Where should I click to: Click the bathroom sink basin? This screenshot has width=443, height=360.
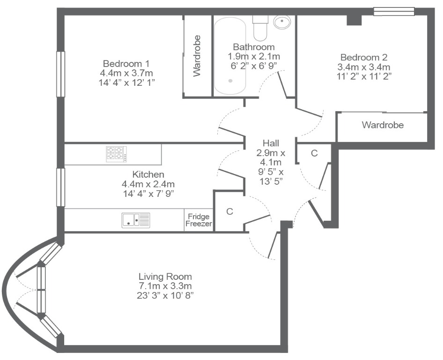click(282, 22)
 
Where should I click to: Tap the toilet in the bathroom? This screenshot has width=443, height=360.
click(260, 28)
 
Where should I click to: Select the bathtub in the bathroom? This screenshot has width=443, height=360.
click(230, 56)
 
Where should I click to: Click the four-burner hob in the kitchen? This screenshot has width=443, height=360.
click(117, 154)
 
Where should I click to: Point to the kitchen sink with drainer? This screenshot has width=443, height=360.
click(136, 220)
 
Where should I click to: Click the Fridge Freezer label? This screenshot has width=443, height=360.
click(199, 220)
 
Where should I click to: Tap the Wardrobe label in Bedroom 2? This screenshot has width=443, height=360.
click(383, 125)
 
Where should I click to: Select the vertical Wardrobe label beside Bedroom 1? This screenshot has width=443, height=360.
click(197, 56)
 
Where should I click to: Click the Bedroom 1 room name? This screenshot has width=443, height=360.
click(126, 63)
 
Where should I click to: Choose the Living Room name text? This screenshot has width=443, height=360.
click(165, 276)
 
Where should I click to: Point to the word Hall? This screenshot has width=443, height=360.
click(271, 143)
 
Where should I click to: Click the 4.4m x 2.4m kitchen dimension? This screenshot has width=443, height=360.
click(148, 184)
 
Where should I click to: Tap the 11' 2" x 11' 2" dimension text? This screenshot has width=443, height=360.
click(364, 76)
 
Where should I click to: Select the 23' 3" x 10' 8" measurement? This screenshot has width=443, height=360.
click(165, 295)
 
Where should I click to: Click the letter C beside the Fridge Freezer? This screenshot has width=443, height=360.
click(229, 211)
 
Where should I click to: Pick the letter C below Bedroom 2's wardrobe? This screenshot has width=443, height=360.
click(314, 153)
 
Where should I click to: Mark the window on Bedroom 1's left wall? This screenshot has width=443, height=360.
click(61, 74)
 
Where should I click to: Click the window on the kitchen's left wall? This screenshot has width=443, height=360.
click(61, 187)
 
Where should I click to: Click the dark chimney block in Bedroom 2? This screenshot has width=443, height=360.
click(354, 20)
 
